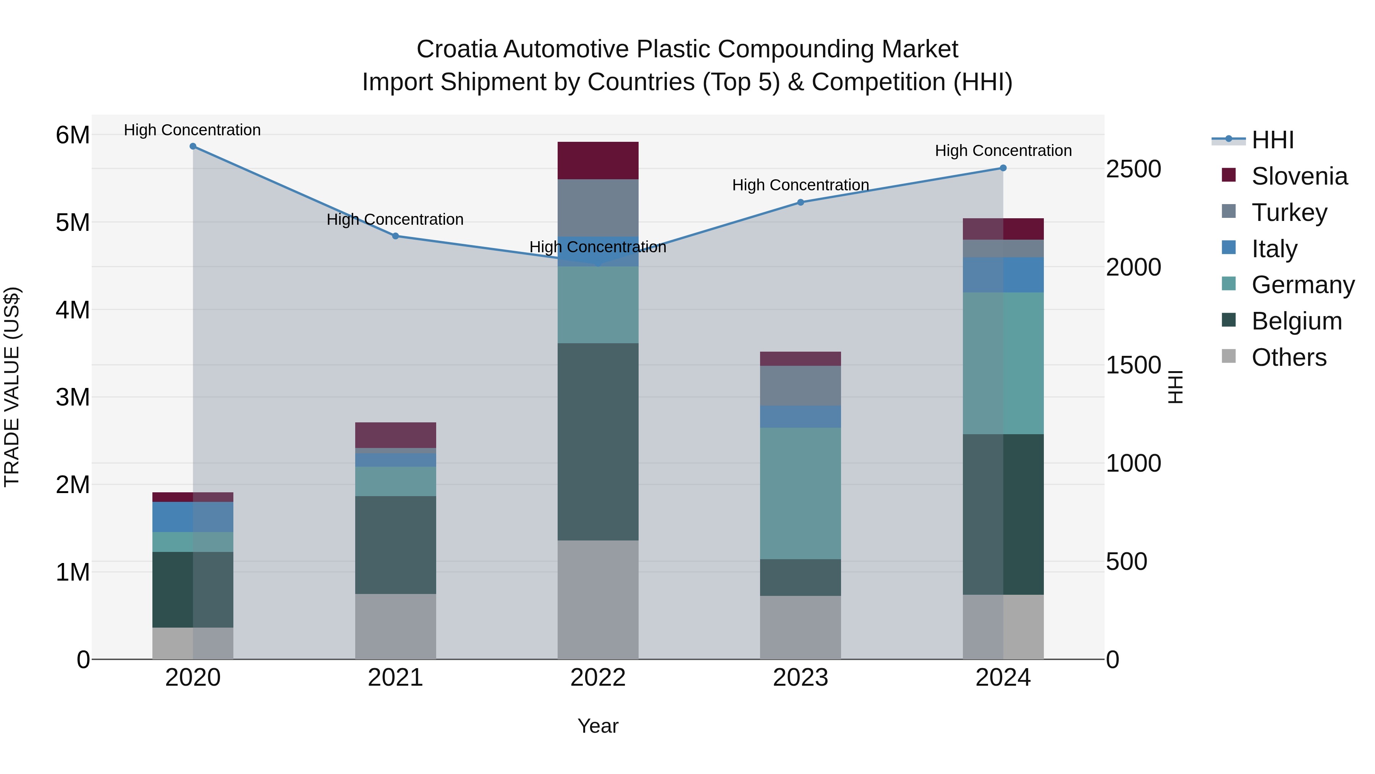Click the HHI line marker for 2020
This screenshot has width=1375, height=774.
point(193,146)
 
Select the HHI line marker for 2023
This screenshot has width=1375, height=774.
point(800,203)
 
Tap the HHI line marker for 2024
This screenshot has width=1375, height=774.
point(1003,168)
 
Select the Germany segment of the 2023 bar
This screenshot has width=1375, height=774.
point(800,493)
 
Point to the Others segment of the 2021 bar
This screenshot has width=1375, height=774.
point(396,626)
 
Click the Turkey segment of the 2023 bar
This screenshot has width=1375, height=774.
point(800,386)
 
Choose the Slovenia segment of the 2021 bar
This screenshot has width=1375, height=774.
point(396,435)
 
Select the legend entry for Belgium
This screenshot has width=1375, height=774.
point(1296,321)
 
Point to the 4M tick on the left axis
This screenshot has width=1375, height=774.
point(73,310)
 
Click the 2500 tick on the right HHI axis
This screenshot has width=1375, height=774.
point(1133,169)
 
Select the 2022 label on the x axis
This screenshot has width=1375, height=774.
point(598,678)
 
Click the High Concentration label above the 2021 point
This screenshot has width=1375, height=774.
point(395,219)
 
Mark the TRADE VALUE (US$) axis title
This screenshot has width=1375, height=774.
point(12,387)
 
